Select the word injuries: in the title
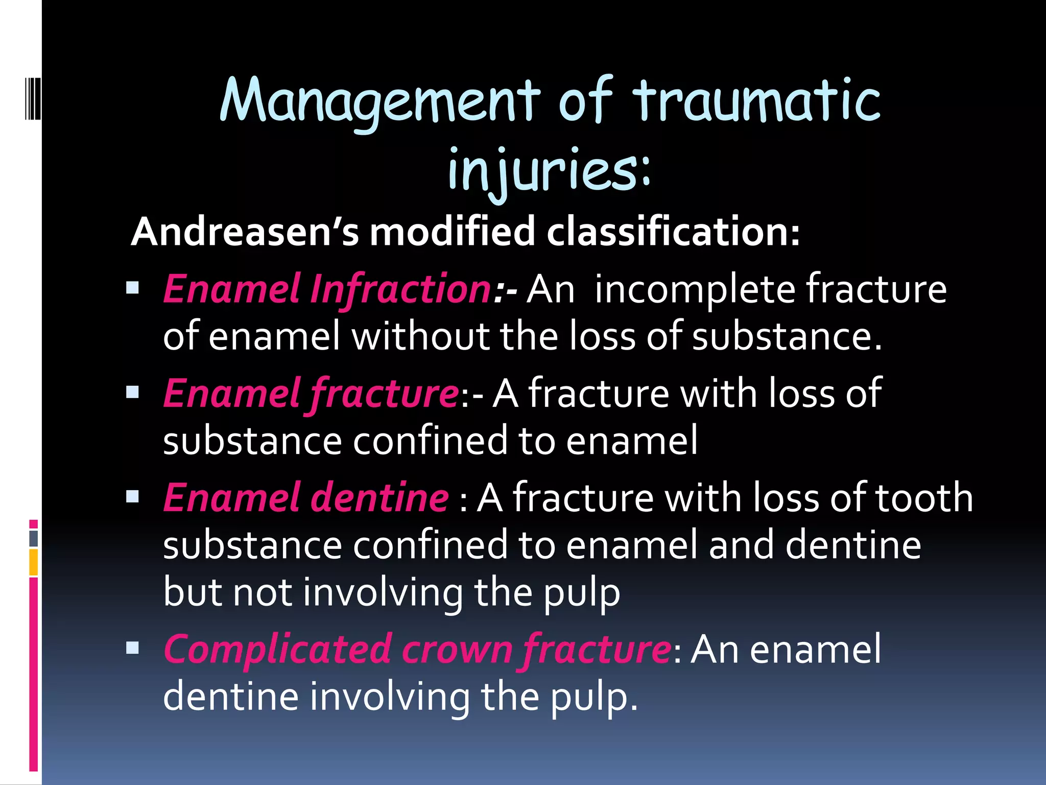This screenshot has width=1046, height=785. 549,169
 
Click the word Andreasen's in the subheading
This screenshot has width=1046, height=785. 245,232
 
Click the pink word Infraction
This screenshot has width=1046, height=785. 401,289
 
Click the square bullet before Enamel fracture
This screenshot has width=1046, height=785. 133,392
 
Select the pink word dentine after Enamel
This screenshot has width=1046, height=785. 380,497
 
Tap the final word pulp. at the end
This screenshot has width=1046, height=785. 595,697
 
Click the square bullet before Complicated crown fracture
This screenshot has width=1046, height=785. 133,648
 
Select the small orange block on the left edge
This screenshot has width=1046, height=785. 33,562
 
